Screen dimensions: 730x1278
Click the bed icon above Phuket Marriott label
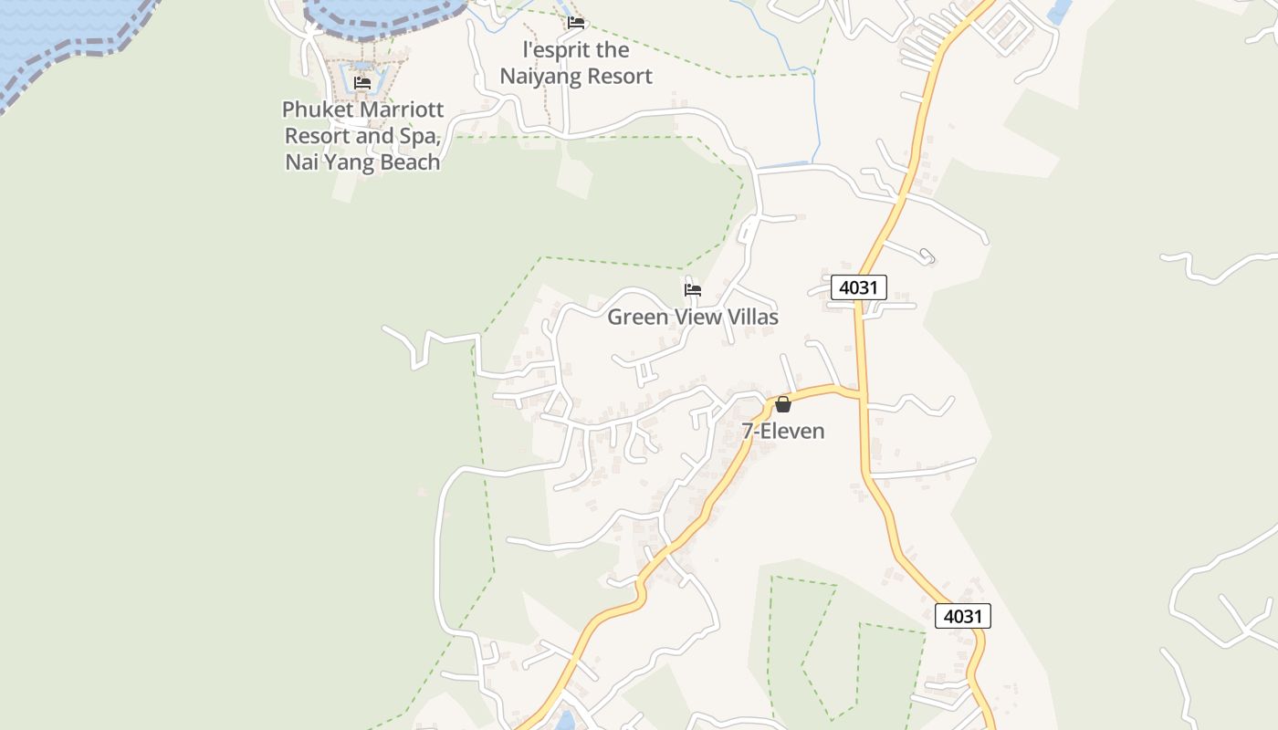point(362,83)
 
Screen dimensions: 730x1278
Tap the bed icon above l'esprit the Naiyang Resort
point(575,23)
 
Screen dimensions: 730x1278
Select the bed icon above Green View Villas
point(693,290)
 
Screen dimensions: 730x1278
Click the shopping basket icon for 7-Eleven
point(783,404)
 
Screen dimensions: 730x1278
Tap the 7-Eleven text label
point(783,431)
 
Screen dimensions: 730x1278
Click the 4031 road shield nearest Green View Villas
point(859,287)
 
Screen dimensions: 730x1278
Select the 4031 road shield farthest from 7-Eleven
point(962,616)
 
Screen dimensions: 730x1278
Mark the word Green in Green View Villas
point(636,317)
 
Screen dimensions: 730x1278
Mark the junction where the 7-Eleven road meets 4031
point(861,395)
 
